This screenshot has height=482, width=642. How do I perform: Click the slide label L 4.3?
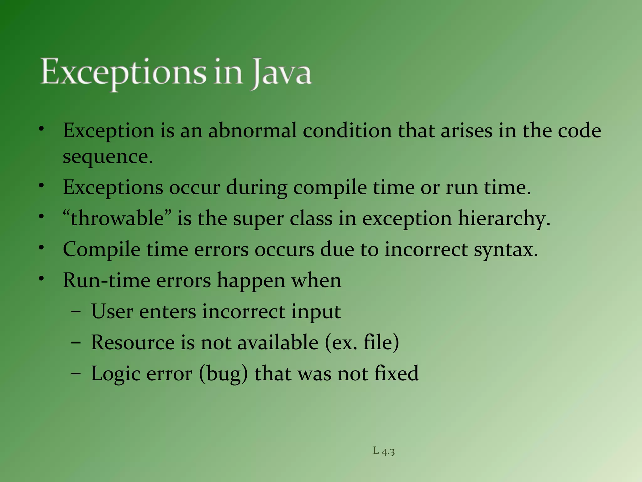click(384, 452)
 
